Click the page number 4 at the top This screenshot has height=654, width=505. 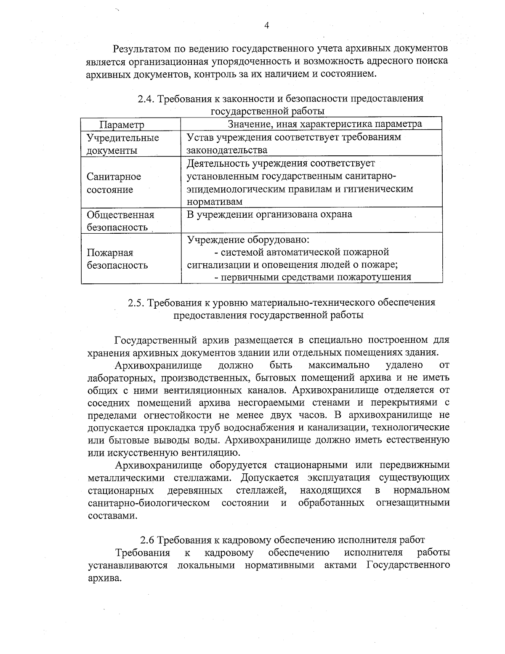click(266, 26)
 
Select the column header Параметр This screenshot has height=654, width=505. click(122, 125)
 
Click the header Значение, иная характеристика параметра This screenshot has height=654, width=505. click(324, 124)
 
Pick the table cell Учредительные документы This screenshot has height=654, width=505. click(123, 144)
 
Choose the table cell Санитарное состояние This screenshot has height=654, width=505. click(114, 183)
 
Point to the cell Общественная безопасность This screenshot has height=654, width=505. click(120, 221)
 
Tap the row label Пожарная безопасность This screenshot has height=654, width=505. click(117, 259)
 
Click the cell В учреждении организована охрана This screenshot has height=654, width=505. click(269, 214)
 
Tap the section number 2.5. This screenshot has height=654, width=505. click(136, 303)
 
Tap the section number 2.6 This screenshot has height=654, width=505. click(148, 540)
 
